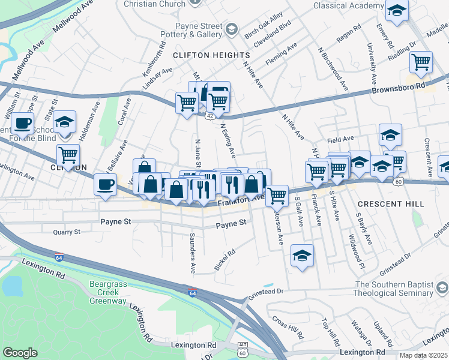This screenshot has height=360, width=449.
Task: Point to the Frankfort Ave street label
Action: pyautogui.click(x=241, y=200)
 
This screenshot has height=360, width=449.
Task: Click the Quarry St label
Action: pyautogui.click(x=66, y=232)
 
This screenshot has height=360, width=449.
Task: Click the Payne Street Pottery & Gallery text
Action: pyautogui.click(x=199, y=30)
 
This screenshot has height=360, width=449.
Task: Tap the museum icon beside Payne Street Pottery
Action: pyautogui.click(x=231, y=28)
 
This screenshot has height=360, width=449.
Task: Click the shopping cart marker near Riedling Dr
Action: pyautogui.click(x=421, y=62)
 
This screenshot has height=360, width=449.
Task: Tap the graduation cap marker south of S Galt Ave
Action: pyautogui.click(x=303, y=256)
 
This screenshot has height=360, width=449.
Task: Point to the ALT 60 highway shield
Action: pyautogui.click(x=243, y=349)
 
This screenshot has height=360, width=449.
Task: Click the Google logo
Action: pyautogui.click(x=20, y=353)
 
